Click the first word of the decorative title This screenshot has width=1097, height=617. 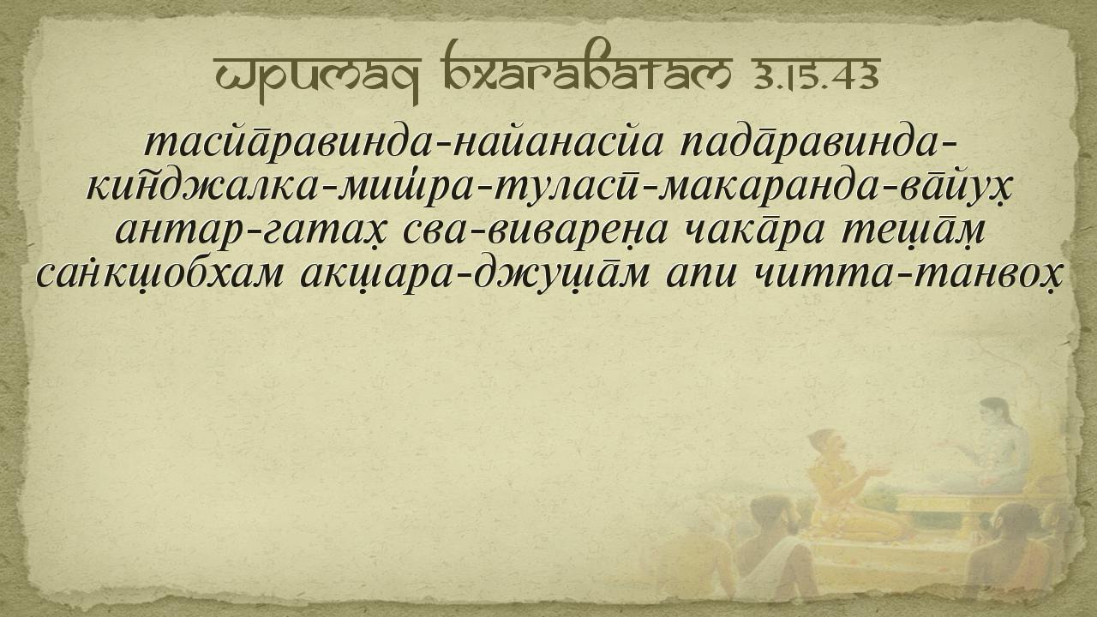tap(317, 78)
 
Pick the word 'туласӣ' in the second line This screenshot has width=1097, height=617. tap(564, 186)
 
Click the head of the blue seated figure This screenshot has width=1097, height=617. tap(994, 414)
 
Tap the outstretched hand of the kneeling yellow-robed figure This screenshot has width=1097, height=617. tap(878, 472)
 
